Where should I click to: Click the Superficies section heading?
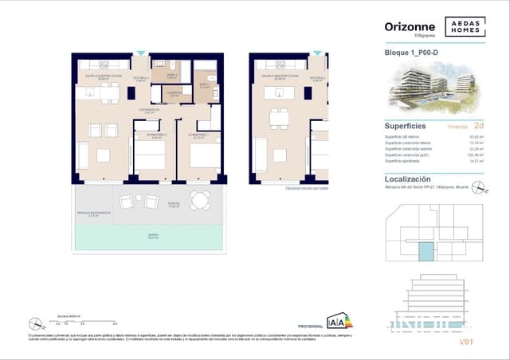(x=406, y=126)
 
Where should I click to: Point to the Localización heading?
(x=408, y=180)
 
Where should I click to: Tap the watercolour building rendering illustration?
(x=430, y=89)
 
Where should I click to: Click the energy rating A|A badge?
(x=335, y=322)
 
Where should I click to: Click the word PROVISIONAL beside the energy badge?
(x=310, y=327)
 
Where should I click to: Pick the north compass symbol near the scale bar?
(x=33, y=323)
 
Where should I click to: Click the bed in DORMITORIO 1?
(x=205, y=154)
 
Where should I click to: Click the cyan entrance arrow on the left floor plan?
(x=141, y=53)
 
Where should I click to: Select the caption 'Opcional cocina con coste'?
(x=308, y=188)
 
